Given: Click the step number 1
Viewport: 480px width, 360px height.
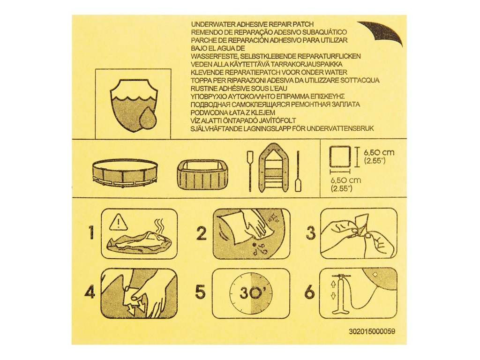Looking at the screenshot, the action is pyautogui.click(x=91, y=233).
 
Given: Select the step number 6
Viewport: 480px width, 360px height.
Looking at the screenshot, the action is pyautogui.click(x=310, y=292).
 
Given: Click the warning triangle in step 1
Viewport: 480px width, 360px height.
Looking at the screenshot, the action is pyautogui.click(x=118, y=222).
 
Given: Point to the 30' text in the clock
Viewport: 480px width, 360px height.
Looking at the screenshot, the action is pyautogui.click(x=251, y=293).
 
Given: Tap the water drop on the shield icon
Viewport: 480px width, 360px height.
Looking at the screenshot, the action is pyautogui.click(x=148, y=118).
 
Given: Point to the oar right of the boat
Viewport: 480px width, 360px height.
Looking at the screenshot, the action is pyautogui.click(x=298, y=171).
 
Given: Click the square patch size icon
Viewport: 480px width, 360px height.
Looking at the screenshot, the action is pyautogui.click(x=339, y=157).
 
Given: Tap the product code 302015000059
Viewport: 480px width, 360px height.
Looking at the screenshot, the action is pyautogui.click(x=372, y=331).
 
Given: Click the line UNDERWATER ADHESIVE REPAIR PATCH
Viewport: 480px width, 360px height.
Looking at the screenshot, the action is pyautogui.click(x=252, y=24).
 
